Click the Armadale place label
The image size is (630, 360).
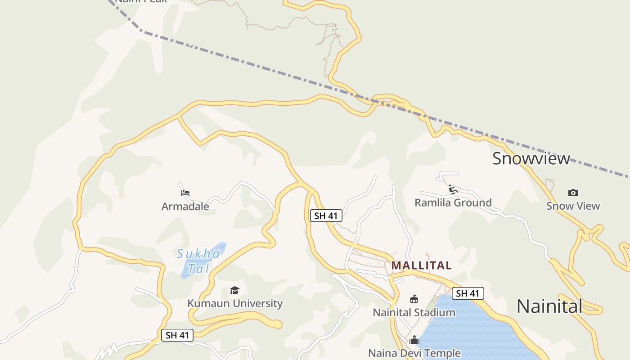[x=185, y=207]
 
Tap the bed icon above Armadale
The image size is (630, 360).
[x=185, y=193]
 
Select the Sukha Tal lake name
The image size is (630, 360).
[x=198, y=261]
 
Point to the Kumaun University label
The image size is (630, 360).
[x=235, y=303]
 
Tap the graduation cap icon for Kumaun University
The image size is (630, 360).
[x=234, y=290]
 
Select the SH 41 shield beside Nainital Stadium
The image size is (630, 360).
[x=468, y=293]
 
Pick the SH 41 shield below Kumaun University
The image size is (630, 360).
[x=177, y=335]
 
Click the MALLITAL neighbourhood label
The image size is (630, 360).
[x=421, y=265]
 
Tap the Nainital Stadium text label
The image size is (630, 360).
[x=414, y=312]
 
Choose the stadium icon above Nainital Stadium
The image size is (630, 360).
[x=414, y=299]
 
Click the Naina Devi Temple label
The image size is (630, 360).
[x=414, y=353]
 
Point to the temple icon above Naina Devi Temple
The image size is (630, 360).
[x=414, y=340]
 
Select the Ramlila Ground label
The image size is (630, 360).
[x=453, y=202]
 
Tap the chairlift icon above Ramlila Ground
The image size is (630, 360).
[x=453, y=189]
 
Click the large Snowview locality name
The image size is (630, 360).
[x=531, y=158]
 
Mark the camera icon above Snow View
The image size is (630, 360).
[x=573, y=193]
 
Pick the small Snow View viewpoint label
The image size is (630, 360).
[x=573, y=206]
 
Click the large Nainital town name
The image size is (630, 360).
[x=549, y=306]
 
